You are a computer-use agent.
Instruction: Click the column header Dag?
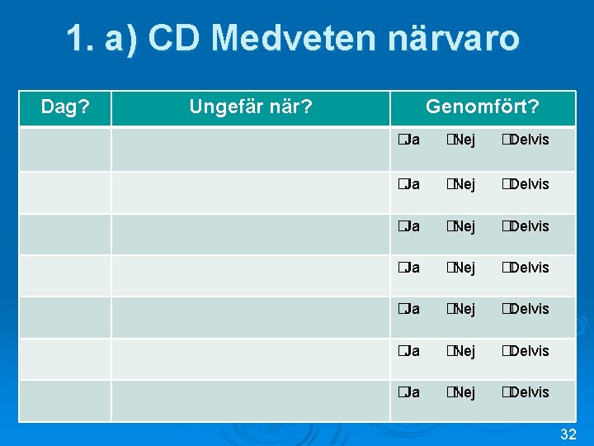(66, 107)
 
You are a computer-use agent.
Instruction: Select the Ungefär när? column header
(250, 107)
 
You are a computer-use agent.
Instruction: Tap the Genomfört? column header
(482, 107)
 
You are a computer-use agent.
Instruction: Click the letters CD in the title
(172, 38)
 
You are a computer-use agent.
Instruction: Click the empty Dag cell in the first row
(66, 149)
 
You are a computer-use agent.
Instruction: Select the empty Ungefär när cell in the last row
(250, 401)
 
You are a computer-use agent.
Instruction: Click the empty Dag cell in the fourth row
(66, 275)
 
